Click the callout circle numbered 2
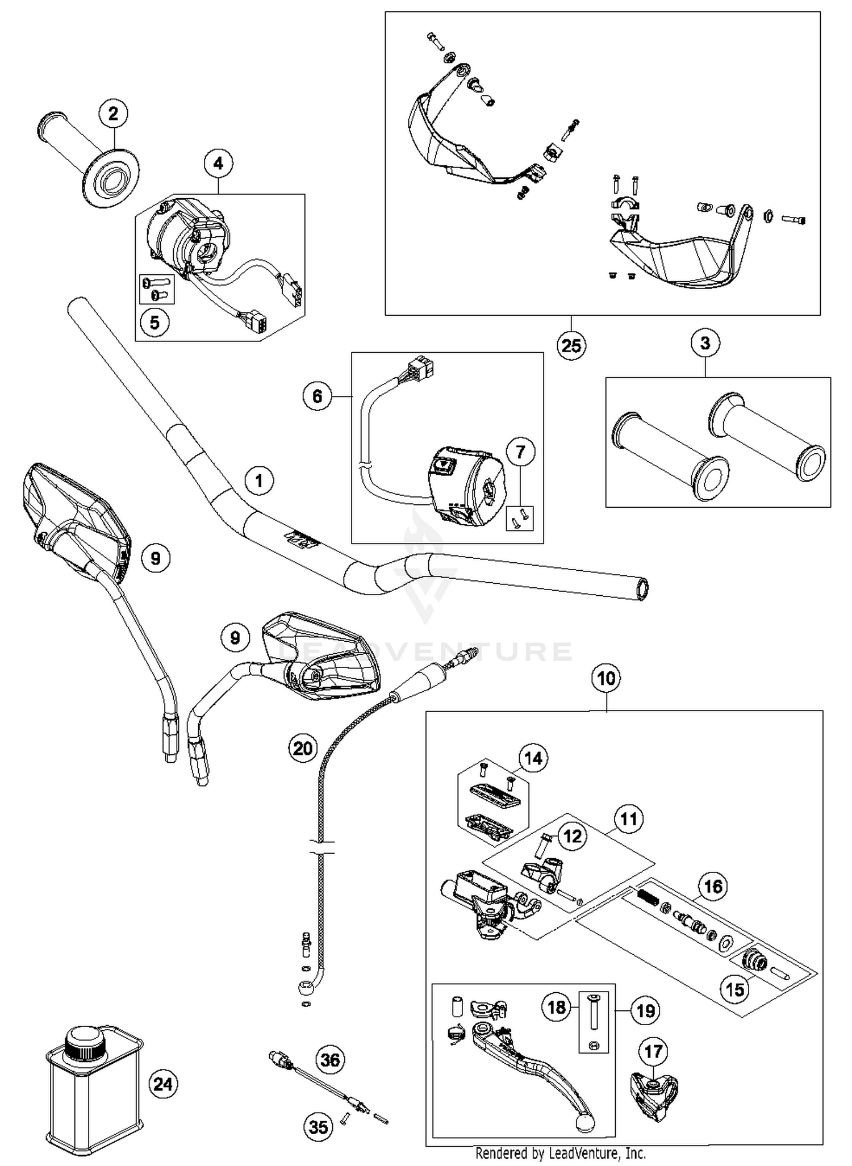tap(113, 114)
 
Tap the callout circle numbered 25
tap(571, 345)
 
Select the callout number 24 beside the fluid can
tap(163, 1084)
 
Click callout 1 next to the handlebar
tap(259, 481)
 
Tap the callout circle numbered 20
tap(303, 748)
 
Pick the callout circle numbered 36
tap(330, 1060)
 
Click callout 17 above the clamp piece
tap(653, 1051)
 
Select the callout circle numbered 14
tap(533, 759)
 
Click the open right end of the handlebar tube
tap(642, 589)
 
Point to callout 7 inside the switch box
tap(521, 452)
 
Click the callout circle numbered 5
tap(154, 323)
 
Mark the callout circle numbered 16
tap(713, 886)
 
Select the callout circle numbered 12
tap(573, 836)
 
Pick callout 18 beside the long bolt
tap(557, 1007)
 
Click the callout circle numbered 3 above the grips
tap(705, 343)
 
